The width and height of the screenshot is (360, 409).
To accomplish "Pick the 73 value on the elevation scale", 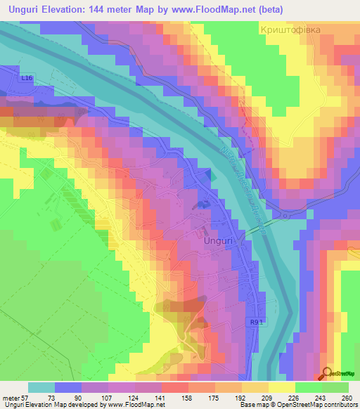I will (51, 397).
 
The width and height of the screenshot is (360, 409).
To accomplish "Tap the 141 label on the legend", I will (160, 397).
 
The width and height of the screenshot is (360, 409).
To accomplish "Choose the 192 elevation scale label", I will (242, 397).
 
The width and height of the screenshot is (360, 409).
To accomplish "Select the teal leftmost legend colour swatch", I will (41, 387).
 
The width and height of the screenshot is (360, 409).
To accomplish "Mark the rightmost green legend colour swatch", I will (335, 387).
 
